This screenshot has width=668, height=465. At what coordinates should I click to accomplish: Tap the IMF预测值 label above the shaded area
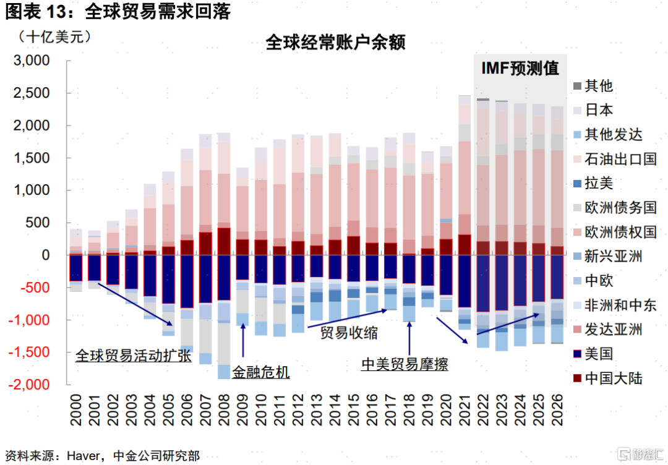[520, 69]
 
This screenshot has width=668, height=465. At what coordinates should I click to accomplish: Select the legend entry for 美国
[599, 353]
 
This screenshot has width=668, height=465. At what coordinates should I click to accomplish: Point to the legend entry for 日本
[599, 110]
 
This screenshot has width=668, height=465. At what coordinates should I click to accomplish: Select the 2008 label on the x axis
[224, 409]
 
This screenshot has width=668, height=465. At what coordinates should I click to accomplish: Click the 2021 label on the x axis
[465, 409]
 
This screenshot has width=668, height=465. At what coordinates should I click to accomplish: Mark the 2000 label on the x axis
[75, 409]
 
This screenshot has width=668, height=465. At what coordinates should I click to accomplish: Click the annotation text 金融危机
[260, 372]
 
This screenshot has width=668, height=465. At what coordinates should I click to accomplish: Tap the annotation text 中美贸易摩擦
[405, 364]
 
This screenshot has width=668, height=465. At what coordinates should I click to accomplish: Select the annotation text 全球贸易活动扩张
[133, 356]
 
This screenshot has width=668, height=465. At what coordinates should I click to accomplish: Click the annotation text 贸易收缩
[349, 332]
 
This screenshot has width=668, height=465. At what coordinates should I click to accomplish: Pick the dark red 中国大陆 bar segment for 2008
[224, 241]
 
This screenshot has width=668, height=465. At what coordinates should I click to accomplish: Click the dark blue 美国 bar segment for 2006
[187, 281]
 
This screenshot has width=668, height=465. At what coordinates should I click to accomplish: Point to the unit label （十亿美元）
[55, 36]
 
